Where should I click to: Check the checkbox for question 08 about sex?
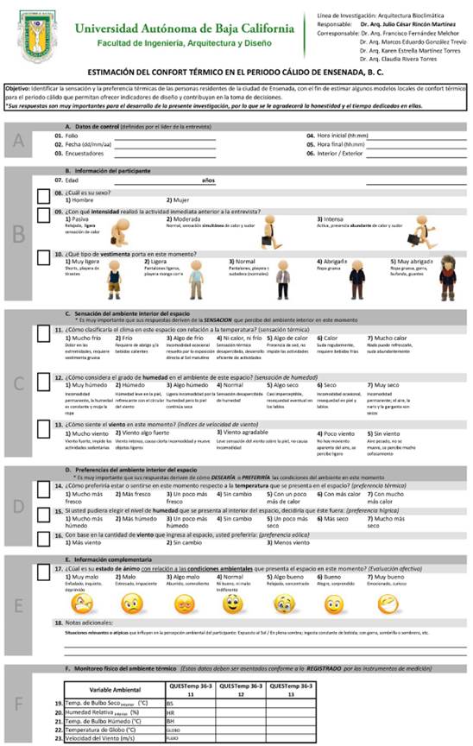click(x=45, y=193)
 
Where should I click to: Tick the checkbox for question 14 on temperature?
click(x=45, y=490)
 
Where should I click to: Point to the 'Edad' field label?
click(x=72, y=180)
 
